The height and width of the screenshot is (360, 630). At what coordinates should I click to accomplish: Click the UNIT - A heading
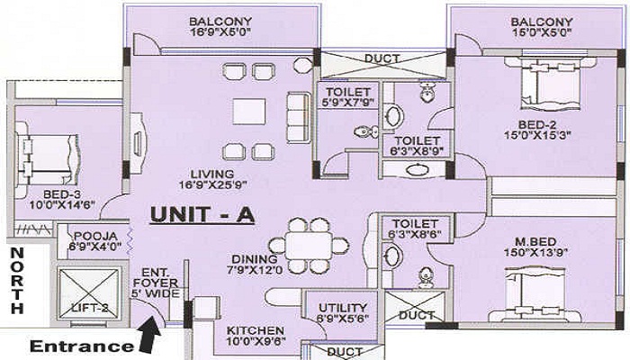click(202, 215)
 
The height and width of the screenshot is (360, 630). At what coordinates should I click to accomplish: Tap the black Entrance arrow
click(150, 334)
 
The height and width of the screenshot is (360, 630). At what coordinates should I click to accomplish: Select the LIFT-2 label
click(90, 308)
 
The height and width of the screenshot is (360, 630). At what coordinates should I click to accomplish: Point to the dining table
click(309, 246)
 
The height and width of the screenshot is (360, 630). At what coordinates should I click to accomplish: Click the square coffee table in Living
click(248, 112)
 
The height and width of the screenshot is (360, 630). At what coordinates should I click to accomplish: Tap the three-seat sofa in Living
click(299, 117)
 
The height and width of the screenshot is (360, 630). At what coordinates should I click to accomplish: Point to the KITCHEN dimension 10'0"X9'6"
click(256, 341)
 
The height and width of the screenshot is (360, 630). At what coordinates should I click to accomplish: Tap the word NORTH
click(17, 281)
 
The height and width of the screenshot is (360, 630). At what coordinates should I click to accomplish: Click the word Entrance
click(81, 346)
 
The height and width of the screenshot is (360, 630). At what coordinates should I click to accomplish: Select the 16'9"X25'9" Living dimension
click(212, 184)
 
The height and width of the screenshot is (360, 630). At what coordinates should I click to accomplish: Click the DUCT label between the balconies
click(382, 58)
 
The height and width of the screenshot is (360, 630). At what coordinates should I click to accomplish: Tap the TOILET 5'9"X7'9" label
click(348, 97)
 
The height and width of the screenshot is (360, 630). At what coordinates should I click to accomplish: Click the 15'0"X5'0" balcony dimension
click(542, 33)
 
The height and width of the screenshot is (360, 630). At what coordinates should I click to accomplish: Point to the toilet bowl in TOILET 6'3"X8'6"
click(425, 277)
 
